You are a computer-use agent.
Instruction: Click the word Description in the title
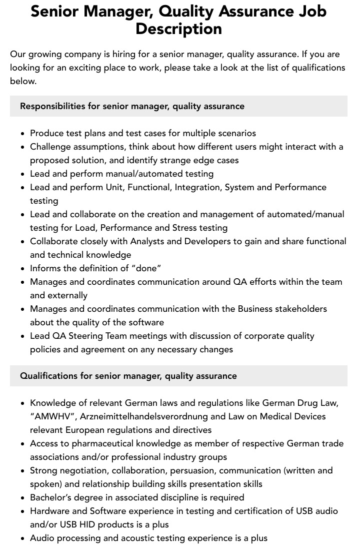(178, 29)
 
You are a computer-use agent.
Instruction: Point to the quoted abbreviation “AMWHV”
(51, 416)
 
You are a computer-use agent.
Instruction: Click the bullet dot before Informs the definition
(22, 269)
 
